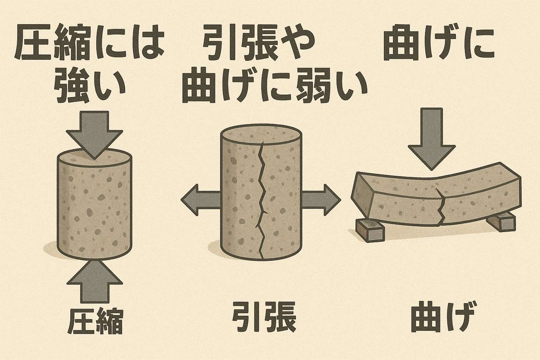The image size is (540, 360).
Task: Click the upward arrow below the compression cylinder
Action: coord(94,281)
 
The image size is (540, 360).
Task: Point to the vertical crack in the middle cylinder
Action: coord(262,200)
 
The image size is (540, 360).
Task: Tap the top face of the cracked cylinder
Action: coord(260,137)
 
